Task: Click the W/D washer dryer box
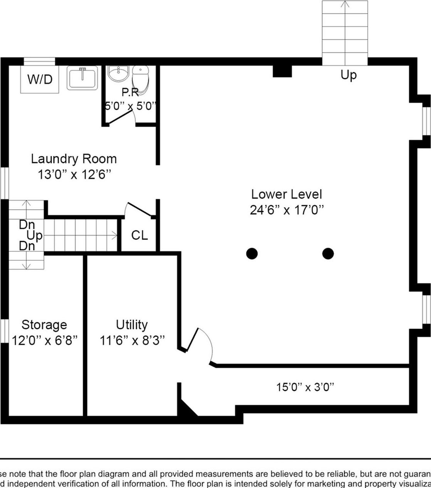40,79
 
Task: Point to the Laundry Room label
74,159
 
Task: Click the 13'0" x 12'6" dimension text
74,174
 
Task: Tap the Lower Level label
286,194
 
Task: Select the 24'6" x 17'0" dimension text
286,210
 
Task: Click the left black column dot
252,253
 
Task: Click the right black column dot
328,253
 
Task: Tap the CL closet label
139,235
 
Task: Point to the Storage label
44,325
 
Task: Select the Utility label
131,325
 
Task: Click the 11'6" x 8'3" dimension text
132,340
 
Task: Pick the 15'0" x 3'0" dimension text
305,387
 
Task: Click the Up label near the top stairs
349,75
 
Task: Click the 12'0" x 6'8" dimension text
45,340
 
